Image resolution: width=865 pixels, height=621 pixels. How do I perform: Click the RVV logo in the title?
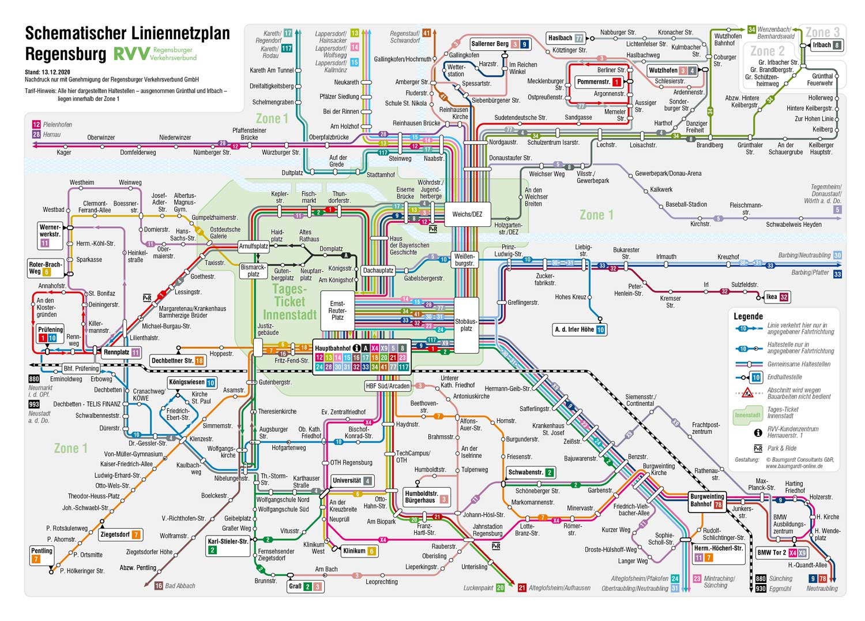pyautogui.click(x=131, y=54)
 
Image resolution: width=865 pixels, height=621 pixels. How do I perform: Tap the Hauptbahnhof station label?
pyautogui.click(x=333, y=348)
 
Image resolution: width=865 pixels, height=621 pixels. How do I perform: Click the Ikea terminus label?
pyautogui.click(x=772, y=297)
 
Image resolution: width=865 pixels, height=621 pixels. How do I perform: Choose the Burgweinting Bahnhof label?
pyautogui.click(x=707, y=500)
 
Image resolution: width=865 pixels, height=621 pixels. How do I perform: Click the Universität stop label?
pyautogui.click(x=347, y=480)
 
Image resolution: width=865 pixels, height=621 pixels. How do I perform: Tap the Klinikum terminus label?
pyautogui.click(x=354, y=551)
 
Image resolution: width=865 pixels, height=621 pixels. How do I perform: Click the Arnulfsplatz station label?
pyautogui.click(x=254, y=246)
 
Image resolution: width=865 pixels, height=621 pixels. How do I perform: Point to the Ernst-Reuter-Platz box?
pyautogui.click(x=337, y=311)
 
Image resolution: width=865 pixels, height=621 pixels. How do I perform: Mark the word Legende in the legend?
pyautogui.click(x=748, y=316)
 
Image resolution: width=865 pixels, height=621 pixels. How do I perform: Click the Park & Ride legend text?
pyautogui.click(x=782, y=448)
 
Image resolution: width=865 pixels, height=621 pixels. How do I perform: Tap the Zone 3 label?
pyautogui.click(x=822, y=32)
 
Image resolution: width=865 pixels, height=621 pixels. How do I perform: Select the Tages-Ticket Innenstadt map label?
pyautogui.click(x=289, y=302)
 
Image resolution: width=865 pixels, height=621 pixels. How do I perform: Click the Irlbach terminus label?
pyautogui.click(x=822, y=44)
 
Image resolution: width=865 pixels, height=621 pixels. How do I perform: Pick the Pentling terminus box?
pyautogui.click(x=42, y=555)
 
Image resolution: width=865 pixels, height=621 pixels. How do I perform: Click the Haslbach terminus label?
pyautogui.click(x=560, y=38)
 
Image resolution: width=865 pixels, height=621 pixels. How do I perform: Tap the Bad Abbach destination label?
pyautogui.click(x=180, y=586)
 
